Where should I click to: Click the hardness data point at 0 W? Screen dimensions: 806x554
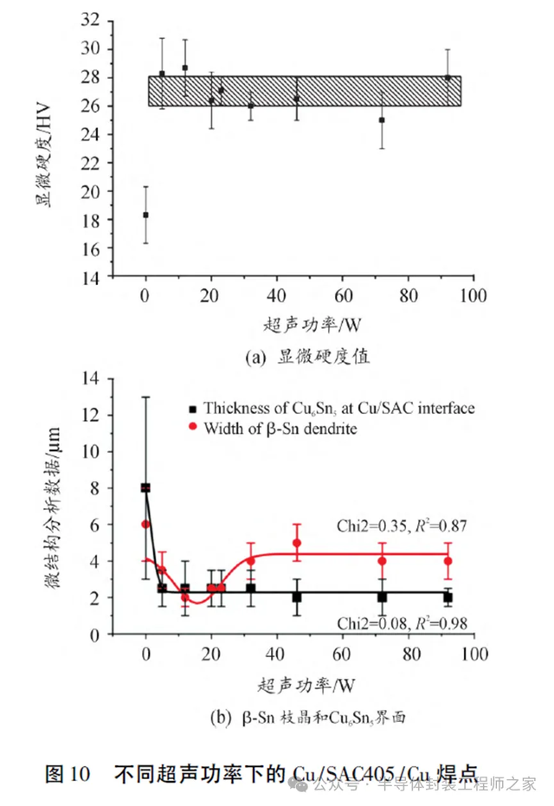[x=145, y=215]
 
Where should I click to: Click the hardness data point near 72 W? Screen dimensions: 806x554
[x=382, y=119]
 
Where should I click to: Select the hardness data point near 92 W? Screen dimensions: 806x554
[x=448, y=78]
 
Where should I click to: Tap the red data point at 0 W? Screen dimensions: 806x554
[x=145, y=524]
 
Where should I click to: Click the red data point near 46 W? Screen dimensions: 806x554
[x=297, y=543]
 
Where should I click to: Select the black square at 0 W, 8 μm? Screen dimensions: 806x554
[x=145, y=487]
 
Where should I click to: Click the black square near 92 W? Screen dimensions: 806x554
[x=448, y=597]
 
